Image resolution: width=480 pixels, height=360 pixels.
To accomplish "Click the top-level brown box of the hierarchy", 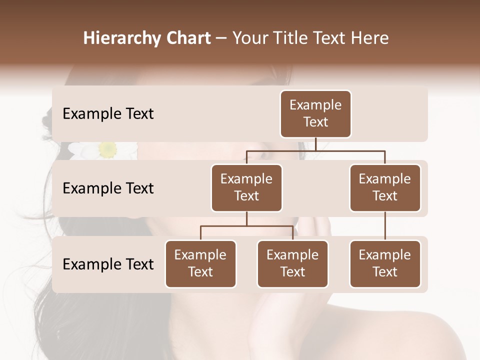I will (x=315, y=114).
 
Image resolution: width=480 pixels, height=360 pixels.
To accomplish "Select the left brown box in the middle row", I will (x=246, y=188).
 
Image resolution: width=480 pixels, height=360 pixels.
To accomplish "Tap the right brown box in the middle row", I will (x=385, y=188).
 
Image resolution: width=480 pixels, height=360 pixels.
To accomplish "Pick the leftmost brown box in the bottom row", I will (x=200, y=264).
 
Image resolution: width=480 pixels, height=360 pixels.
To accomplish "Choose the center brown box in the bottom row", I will (x=292, y=264).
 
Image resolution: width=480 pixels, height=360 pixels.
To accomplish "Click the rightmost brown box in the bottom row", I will (x=385, y=264).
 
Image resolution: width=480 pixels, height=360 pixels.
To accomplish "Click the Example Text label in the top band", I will (x=108, y=114).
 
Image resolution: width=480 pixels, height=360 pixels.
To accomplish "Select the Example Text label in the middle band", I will (x=108, y=188).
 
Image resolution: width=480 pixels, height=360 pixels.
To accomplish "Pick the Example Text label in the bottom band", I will (x=108, y=264).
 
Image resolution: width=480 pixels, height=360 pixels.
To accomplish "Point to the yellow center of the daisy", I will (x=107, y=148).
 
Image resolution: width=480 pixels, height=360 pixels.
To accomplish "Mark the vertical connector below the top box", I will (x=315, y=144).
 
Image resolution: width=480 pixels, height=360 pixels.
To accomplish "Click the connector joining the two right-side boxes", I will (x=385, y=226).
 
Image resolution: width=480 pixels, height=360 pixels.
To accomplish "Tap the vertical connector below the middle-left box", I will (x=246, y=218).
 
